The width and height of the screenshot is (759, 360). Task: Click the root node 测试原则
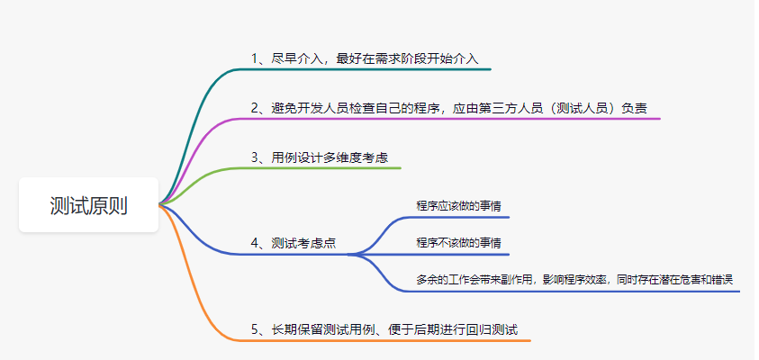click(88, 205)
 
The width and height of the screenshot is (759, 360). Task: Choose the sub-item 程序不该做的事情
click(459, 243)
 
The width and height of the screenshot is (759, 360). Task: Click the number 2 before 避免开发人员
click(256, 108)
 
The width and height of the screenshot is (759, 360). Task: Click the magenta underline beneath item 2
click(450, 119)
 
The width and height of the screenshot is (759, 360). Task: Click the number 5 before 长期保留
click(256, 329)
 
